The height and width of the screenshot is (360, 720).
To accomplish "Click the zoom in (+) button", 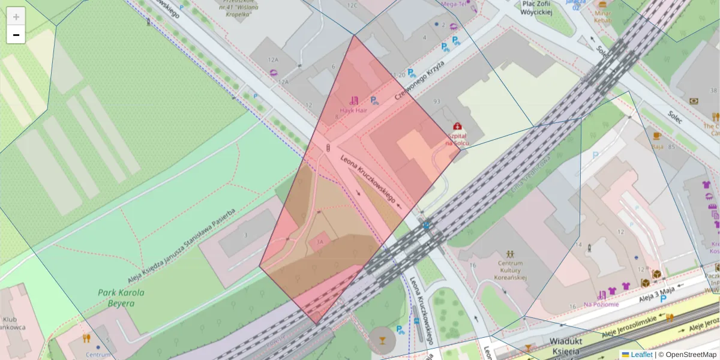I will coord(16,16).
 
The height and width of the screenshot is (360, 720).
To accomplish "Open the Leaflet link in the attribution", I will coord(641,355).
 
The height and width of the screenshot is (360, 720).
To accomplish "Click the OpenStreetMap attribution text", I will coord(691,355).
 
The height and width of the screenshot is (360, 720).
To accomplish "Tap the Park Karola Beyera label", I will coord(121,298).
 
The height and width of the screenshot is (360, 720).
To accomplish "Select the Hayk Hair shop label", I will coord(354,110).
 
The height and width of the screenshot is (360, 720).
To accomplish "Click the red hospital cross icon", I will coord(458,127).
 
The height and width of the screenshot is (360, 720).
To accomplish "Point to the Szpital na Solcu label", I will coord(457,140).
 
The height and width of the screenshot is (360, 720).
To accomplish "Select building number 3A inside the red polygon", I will coord(319,242).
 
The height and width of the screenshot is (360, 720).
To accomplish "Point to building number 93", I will coord(436,101).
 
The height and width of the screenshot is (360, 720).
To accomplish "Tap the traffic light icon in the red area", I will coord(328,147).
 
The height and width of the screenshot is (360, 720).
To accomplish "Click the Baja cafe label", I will coord(657,146).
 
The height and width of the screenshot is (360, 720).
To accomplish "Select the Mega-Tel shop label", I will coord(454,4).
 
